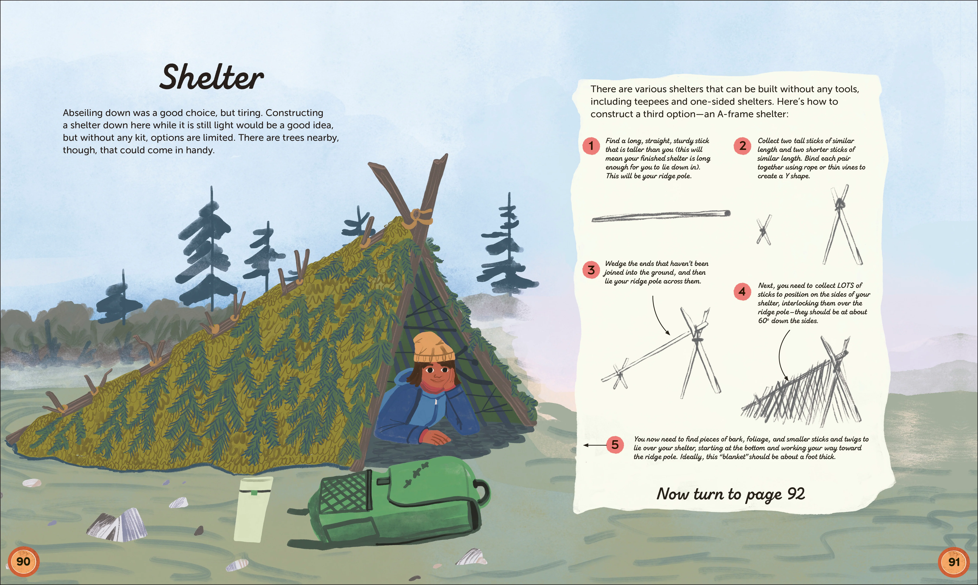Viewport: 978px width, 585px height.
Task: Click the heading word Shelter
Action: coord(212,78)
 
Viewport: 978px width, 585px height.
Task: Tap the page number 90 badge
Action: coord(23,561)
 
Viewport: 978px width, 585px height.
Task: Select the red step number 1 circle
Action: coord(591,146)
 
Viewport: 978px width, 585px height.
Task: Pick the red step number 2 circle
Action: coord(742,146)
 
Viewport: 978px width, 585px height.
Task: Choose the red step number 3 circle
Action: coord(591,270)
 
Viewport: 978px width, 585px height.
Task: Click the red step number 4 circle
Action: coord(742,292)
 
